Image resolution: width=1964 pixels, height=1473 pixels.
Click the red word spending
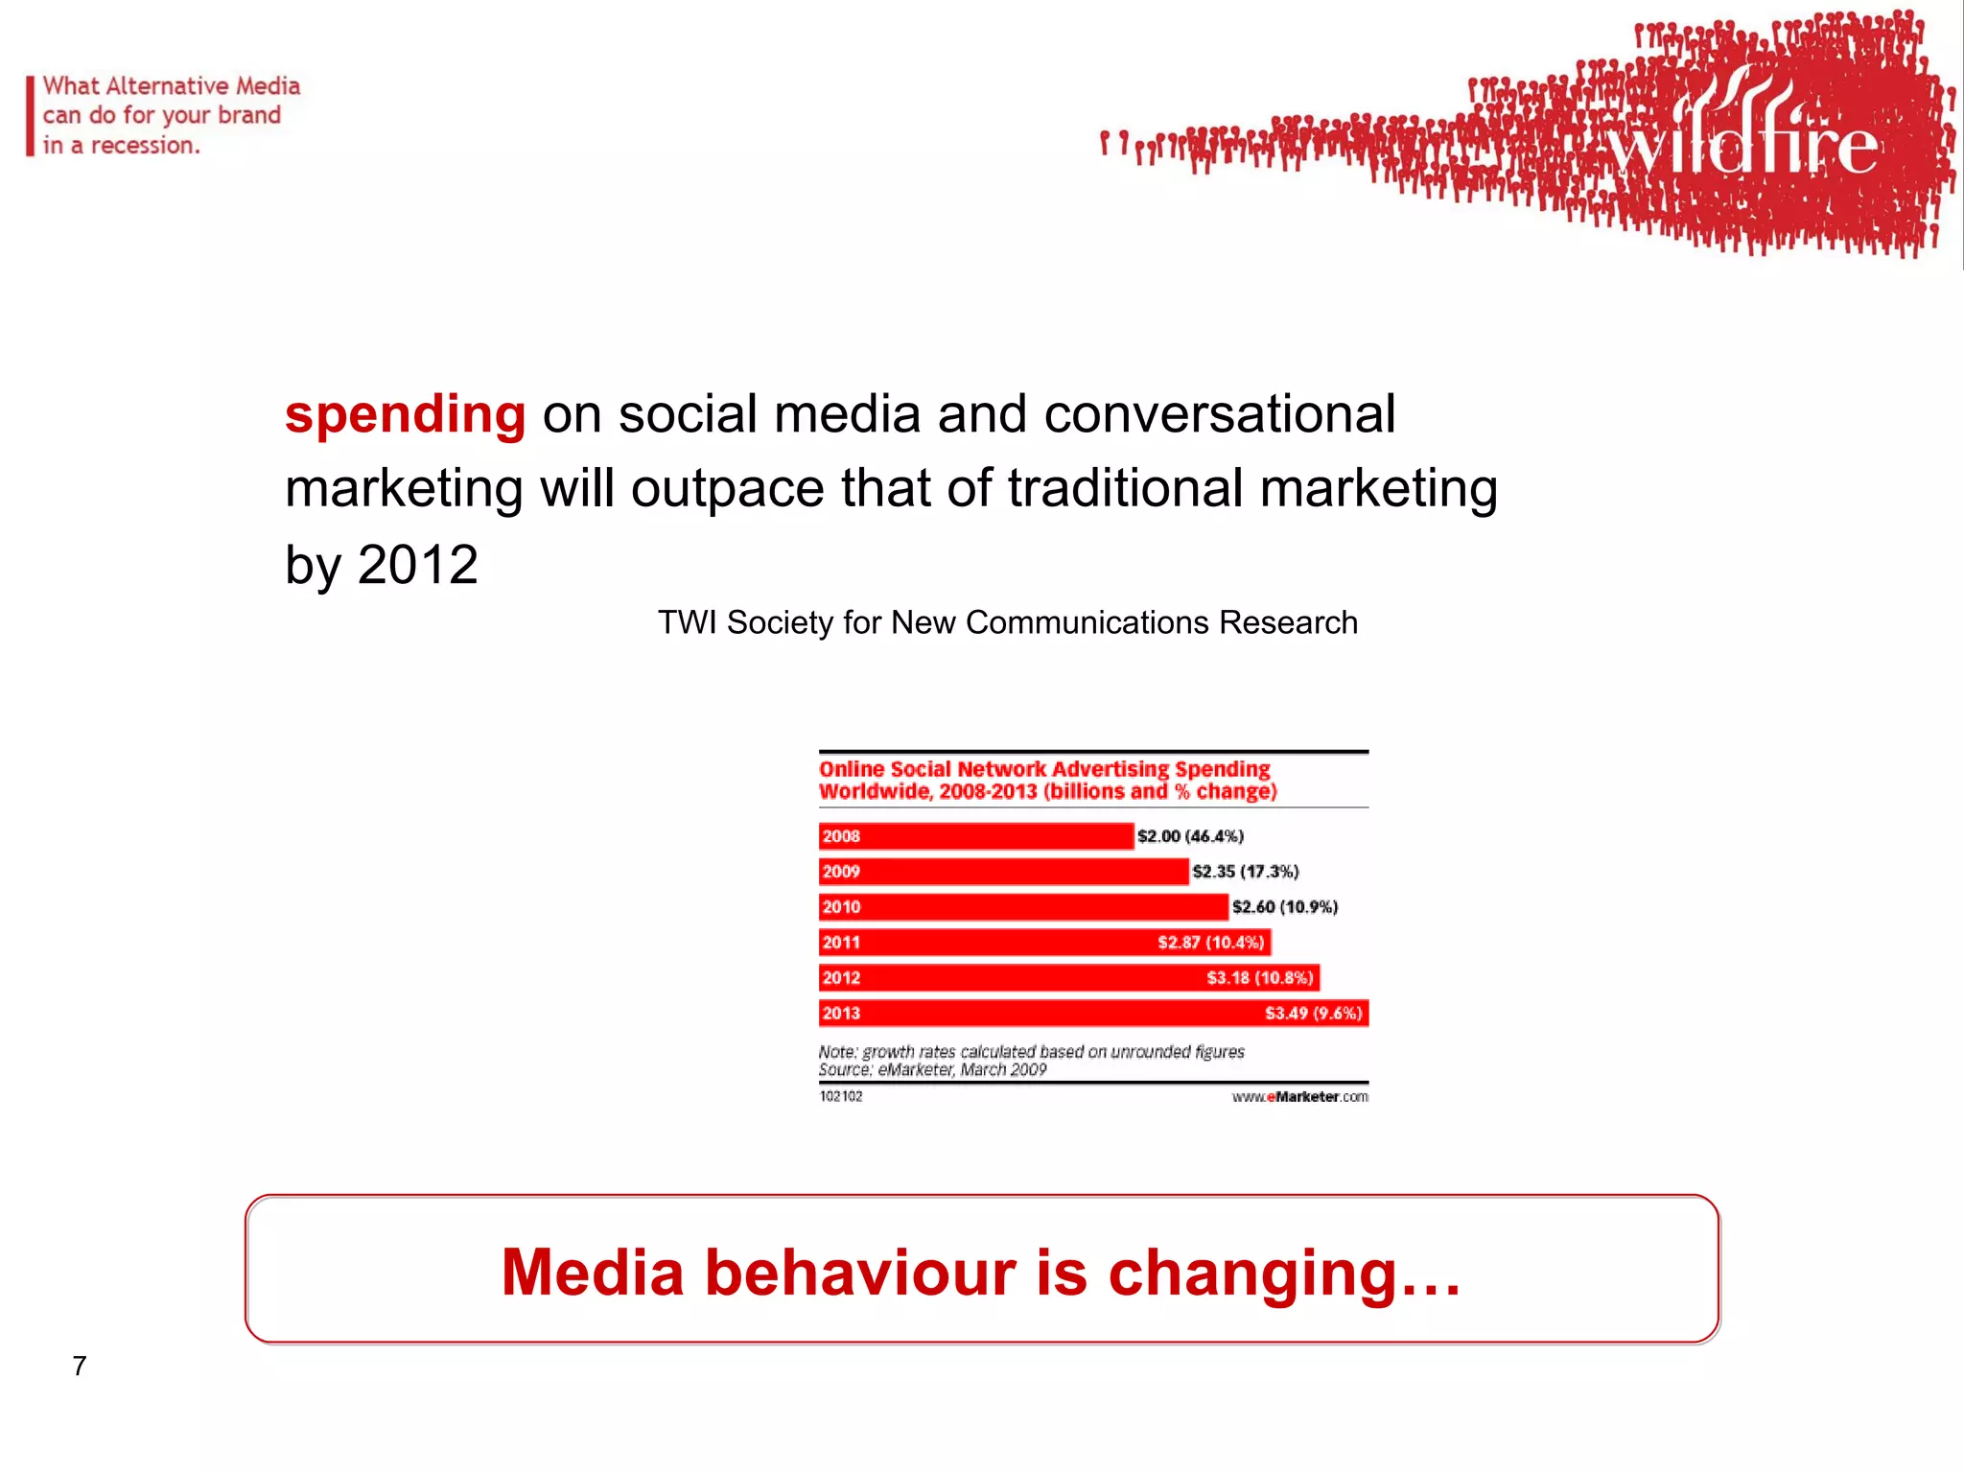coord(405,415)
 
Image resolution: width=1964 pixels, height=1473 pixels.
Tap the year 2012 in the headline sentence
coord(417,564)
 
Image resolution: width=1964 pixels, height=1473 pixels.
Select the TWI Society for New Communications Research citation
coord(1007,622)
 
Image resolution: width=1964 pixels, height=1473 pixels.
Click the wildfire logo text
coord(1741,147)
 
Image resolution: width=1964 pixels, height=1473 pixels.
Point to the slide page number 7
coord(80,1366)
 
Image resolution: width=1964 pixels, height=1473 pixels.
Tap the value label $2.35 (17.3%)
coord(1245,872)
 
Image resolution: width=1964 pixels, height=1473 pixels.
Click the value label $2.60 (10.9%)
coord(1284,907)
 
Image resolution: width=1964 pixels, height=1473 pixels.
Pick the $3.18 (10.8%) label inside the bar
coord(1259,978)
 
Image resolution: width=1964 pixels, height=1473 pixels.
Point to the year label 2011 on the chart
coord(841,943)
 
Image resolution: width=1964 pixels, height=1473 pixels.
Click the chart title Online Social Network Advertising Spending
coord(1044,769)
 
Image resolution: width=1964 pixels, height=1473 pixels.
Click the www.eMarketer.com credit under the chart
coord(1299,1097)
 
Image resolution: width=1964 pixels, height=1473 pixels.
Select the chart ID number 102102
coord(841,1097)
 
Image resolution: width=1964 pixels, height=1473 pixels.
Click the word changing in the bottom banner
coord(1283,1274)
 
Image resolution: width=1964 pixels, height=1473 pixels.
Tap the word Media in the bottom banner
coord(593,1274)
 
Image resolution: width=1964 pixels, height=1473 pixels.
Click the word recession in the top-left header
coord(143,146)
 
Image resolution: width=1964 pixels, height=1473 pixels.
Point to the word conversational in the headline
coord(1219,415)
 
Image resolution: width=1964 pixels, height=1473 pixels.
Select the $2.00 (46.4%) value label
coord(1190,836)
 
